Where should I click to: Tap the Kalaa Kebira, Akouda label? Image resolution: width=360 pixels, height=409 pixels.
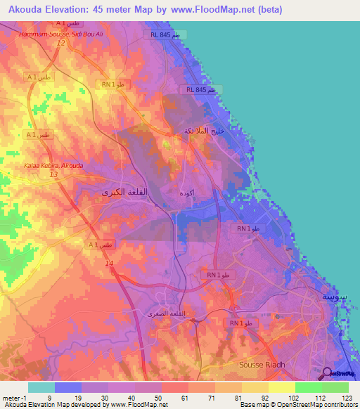click(53, 166)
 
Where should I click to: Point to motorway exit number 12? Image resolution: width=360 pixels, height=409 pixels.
click(61, 44)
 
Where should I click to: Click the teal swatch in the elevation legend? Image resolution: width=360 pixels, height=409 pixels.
click(41, 387)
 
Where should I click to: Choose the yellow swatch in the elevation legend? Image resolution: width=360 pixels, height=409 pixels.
click(281, 387)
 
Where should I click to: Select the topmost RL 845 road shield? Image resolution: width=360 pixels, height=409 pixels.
click(165, 34)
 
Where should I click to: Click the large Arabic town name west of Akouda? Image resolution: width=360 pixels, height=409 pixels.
click(113, 191)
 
